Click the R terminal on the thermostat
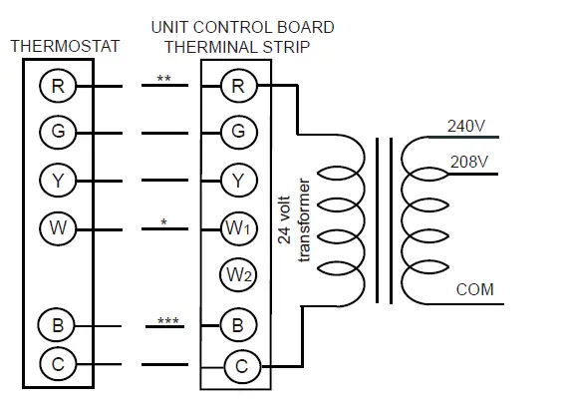(57, 87)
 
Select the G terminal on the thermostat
(57, 131)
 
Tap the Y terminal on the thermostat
(57, 180)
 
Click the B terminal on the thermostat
(57, 324)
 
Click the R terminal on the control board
(237, 87)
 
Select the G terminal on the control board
(237, 131)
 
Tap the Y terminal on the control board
(237, 180)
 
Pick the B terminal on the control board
(237, 324)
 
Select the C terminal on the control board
(240, 366)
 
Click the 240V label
(466, 126)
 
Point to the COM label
(475, 290)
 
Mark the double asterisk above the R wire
(163, 77)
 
